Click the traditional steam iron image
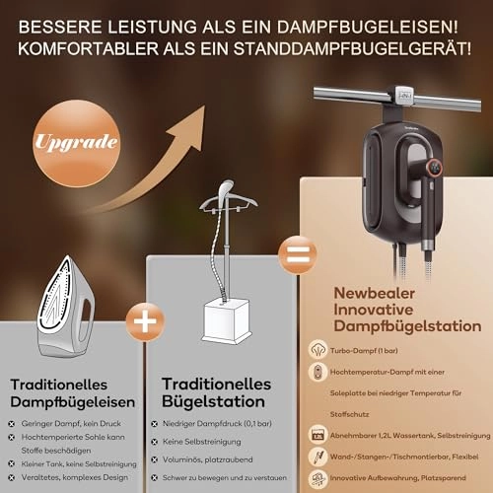click(65, 306)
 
